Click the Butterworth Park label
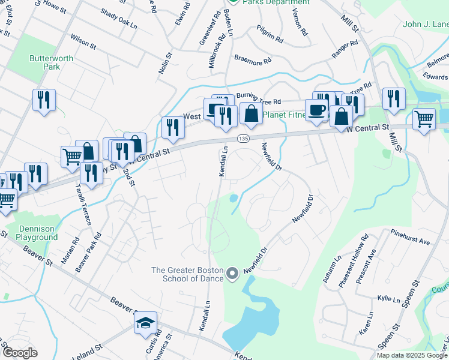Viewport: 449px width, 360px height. point(45,62)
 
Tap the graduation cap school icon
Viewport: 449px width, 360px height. point(146,323)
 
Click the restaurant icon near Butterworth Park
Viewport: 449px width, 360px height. point(44,100)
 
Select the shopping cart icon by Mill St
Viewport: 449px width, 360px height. point(424,119)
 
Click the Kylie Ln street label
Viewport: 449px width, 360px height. point(384,298)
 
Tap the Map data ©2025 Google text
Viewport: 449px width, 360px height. point(411,355)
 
